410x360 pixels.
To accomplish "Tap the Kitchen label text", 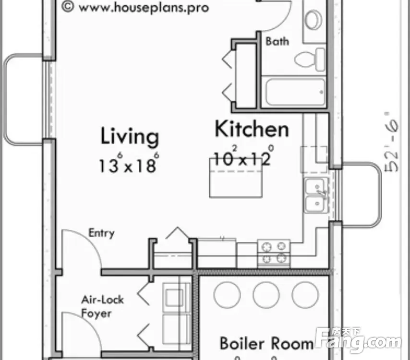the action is click(252, 129).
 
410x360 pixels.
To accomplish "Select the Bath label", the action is click(277, 41).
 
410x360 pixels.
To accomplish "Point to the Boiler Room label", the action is click(267, 343).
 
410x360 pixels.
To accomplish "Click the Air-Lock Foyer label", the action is click(102, 306).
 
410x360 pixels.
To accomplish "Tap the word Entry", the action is click(101, 233).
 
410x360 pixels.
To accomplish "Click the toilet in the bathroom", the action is click(310, 60).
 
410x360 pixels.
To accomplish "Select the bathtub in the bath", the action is click(295, 92).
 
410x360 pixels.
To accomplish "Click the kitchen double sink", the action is click(316, 195).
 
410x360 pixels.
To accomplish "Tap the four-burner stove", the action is click(274, 253).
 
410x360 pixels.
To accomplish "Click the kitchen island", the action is click(236, 178).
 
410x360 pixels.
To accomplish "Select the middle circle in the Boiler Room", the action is click(266, 295).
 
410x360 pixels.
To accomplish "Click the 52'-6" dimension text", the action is click(391, 142).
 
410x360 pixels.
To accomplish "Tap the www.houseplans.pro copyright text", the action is click(135, 7).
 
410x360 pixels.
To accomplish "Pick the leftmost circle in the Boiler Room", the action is click(227, 295).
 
